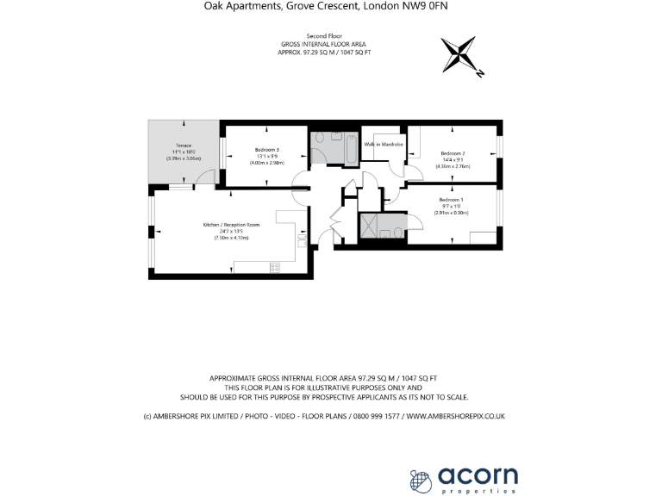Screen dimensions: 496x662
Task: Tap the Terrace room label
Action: [x=184, y=146]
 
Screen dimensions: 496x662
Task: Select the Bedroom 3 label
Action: [x=266, y=150]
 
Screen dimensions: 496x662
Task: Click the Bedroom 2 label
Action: [x=453, y=152]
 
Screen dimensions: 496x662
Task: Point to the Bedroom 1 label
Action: [x=452, y=200]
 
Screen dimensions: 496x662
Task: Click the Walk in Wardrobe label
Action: [x=384, y=144]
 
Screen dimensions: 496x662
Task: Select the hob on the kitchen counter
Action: [x=275, y=267]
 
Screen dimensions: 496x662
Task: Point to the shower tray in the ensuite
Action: [x=372, y=225]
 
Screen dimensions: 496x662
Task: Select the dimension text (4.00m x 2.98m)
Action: [x=266, y=163]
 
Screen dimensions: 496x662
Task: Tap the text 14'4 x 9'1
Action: [x=453, y=159]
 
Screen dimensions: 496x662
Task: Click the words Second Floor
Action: [x=329, y=37]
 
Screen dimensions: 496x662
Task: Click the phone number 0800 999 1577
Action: [x=374, y=417]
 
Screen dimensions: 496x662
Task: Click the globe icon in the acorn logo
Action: [x=419, y=480]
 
